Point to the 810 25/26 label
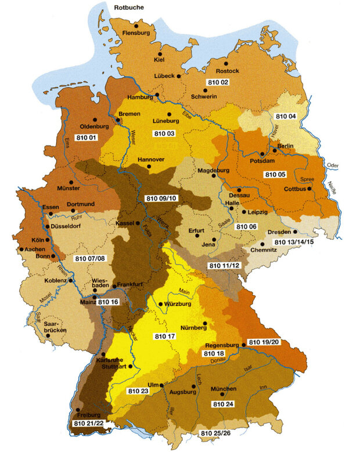(214, 433)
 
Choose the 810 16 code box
(109, 302)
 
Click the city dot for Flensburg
(136, 26)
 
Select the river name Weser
(133, 137)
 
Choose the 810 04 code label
(286, 116)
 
